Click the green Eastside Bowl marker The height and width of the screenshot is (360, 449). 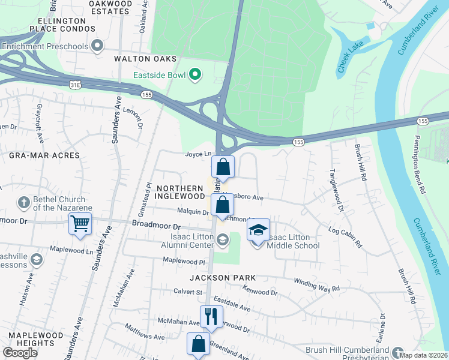194,75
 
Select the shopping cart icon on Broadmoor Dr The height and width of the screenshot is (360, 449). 80,224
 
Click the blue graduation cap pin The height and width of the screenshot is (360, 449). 258,230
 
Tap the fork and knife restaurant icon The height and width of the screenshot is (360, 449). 211,317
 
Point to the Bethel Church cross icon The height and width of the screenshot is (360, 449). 24,202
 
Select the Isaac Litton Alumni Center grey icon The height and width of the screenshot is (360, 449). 222,241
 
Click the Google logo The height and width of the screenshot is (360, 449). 20,353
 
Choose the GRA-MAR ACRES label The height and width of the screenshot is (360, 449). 44,155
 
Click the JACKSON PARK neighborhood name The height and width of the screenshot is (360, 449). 223,278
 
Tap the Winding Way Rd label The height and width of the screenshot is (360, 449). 316,285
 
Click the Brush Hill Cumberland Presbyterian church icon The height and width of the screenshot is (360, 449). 397,350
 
